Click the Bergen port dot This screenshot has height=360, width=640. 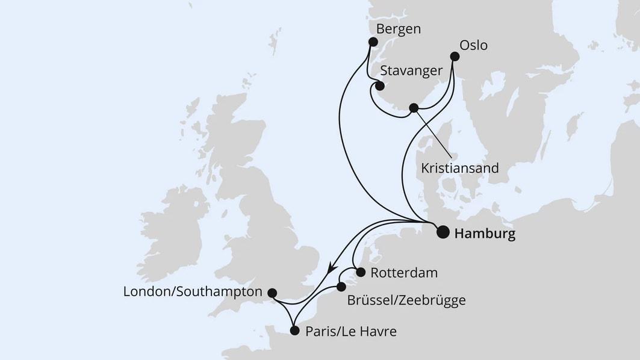pos(373,42)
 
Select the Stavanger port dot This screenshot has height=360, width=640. pos(380,86)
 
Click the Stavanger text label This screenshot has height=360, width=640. pos(411,71)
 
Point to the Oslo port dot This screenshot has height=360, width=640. pos(455,57)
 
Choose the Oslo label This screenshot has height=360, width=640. pos(473,45)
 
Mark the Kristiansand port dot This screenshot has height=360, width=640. pos(413,108)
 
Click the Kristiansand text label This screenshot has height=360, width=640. pos(460,168)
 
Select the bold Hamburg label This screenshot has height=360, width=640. pos(485,234)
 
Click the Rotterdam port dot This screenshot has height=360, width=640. pos(361,272)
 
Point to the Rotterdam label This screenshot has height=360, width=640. pos(403,273)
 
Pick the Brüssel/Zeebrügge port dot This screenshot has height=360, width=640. pos(341,287)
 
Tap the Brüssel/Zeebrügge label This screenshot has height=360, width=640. pos(406,300)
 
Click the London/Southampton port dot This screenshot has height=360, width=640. pos(272,293)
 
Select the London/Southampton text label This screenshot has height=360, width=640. pos(193,292)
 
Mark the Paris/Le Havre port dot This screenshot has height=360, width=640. pos(294,331)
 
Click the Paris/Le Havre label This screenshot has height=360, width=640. pos(351,331)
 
